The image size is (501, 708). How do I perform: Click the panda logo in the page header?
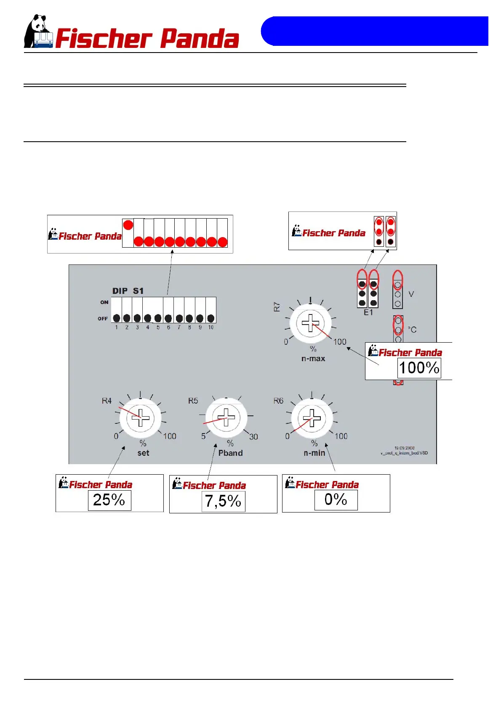pyautogui.click(x=38, y=32)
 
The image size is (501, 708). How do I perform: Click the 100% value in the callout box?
pyautogui.click(x=419, y=368)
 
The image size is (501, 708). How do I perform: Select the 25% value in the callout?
pyautogui.click(x=109, y=500)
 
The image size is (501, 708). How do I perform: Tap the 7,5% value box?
pyautogui.click(x=223, y=501)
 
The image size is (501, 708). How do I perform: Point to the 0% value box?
pyautogui.click(x=336, y=499)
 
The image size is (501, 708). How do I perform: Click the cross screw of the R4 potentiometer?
pyautogui.click(x=141, y=418)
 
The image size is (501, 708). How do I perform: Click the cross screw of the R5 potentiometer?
pyautogui.click(x=226, y=417)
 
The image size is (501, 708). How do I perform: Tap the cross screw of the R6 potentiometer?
pyautogui.click(x=312, y=418)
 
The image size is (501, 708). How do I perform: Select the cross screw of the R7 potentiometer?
pyautogui.click(x=310, y=323)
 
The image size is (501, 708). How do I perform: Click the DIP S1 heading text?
pyautogui.click(x=128, y=291)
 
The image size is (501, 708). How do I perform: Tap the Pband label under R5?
pyautogui.click(x=230, y=453)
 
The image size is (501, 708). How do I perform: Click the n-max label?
pyautogui.click(x=313, y=359)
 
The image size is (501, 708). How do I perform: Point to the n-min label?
pyautogui.click(x=314, y=453)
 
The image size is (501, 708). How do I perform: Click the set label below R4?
pyautogui.click(x=143, y=453)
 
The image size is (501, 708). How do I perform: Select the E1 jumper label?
pyautogui.click(x=368, y=312)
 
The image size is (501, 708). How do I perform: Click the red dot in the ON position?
pyautogui.click(x=128, y=225)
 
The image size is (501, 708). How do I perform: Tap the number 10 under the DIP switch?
pyautogui.click(x=211, y=327)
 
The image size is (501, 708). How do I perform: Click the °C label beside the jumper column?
pyautogui.click(x=412, y=330)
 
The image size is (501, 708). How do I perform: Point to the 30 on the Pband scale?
pyautogui.click(x=253, y=437)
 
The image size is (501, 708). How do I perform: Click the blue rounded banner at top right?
pyautogui.click(x=375, y=31)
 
